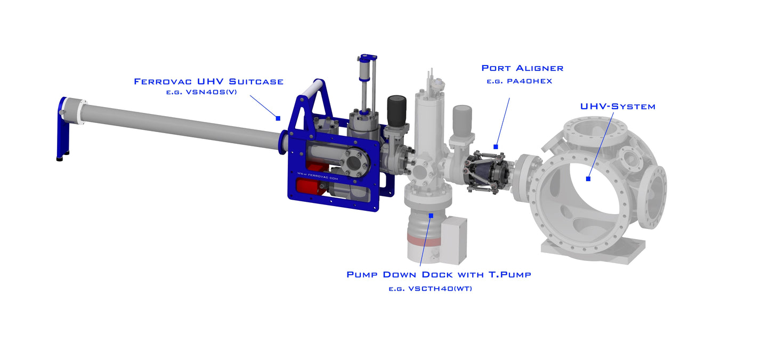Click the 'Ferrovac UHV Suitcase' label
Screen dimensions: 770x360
coord(209,81)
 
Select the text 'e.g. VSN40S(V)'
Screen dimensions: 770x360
coord(201,92)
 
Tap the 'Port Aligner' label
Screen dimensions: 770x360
coord(522,68)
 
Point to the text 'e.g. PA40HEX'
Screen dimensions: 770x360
coord(520,81)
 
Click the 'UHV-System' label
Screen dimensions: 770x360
coord(618,107)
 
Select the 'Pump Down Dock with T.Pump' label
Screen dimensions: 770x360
coord(439,274)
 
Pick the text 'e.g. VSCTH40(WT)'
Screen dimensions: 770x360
coord(431,289)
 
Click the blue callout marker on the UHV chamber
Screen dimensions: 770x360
coord(588,178)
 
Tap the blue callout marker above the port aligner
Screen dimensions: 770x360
coord(496,146)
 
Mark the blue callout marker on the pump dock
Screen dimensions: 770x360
coord(431,215)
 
